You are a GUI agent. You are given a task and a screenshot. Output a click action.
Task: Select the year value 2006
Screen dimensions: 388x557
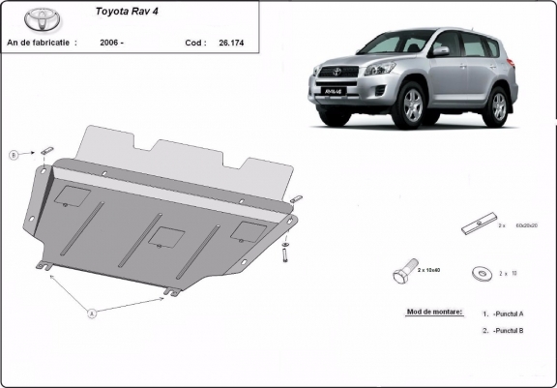(x=111, y=44)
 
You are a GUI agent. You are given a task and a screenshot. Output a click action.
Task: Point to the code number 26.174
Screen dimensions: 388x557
(x=231, y=44)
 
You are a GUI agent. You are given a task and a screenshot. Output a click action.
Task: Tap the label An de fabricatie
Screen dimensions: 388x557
(x=39, y=44)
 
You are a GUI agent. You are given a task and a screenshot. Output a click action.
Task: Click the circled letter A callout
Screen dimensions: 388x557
(x=93, y=313)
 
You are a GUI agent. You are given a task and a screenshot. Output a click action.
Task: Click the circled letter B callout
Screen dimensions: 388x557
(x=15, y=155)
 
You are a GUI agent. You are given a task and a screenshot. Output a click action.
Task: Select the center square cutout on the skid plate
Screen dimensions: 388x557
(x=167, y=236)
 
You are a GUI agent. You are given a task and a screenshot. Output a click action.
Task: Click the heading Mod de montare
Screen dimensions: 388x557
(x=429, y=313)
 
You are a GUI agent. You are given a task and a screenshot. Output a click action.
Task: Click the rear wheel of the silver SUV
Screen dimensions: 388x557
(x=499, y=104)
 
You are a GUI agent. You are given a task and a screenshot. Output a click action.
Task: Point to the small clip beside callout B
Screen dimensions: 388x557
(x=45, y=150)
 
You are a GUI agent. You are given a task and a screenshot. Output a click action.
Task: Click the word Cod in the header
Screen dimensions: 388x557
(x=194, y=44)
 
